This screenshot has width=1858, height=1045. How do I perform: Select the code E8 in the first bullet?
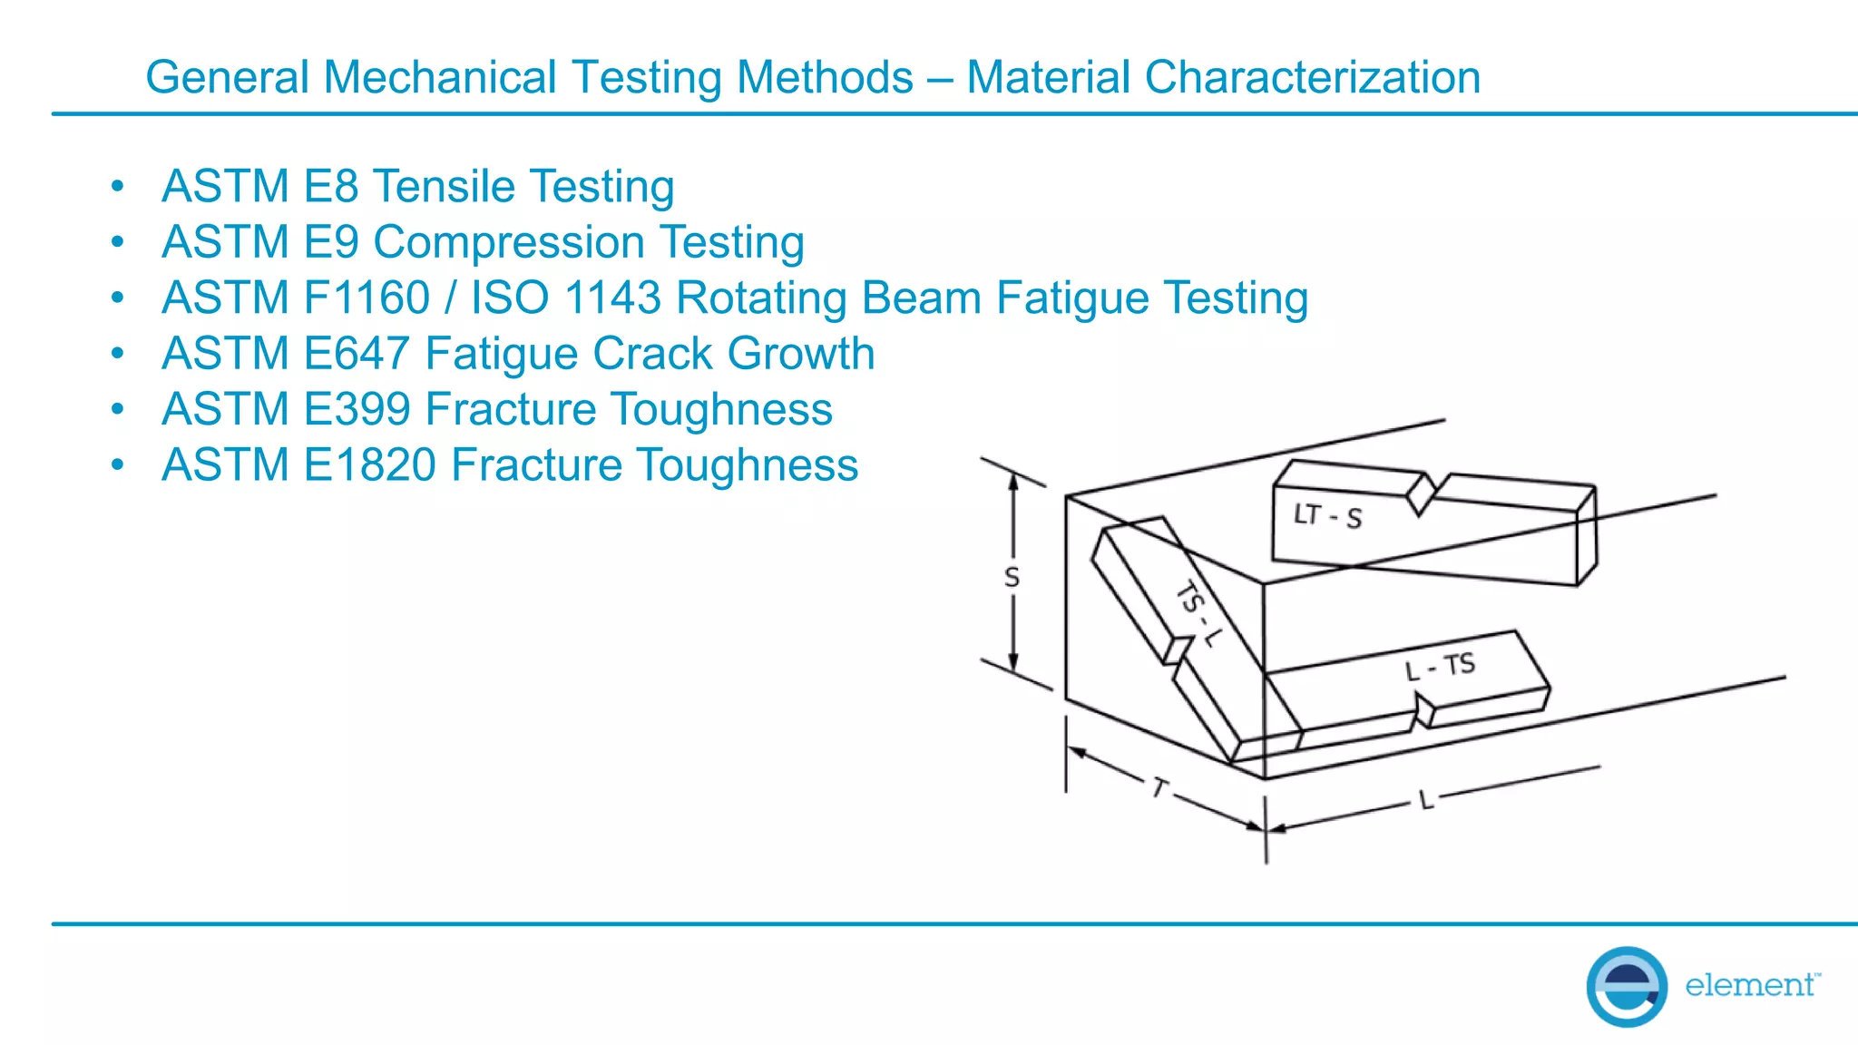click(331, 186)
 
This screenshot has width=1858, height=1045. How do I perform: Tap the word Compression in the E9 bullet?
click(509, 243)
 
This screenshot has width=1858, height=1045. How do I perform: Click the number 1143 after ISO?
click(612, 298)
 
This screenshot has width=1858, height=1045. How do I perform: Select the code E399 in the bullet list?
click(357, 409)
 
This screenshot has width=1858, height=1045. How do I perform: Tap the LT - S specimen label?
click(1327, 516)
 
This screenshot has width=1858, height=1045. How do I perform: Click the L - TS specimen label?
click(1440, 667)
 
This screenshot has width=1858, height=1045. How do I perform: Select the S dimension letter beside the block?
click(1012, 577)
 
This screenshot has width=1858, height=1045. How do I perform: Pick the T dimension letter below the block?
click(1159, 787)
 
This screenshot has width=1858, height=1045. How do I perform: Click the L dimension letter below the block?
click(1426, 800)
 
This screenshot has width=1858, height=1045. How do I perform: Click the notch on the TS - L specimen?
click(1176, 651)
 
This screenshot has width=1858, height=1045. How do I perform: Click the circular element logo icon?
click(1626, 986)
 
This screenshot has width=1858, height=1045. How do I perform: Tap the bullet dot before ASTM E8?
click(117, 187)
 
